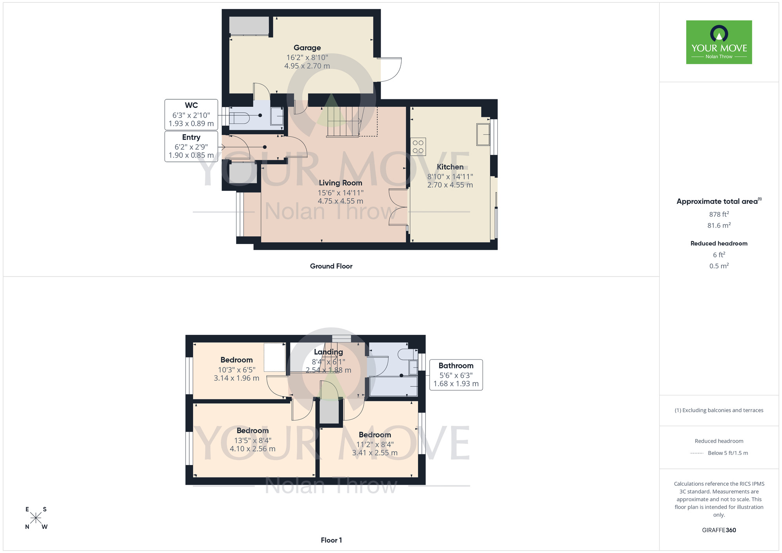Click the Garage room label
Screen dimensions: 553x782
pyautogui.click(x=307, y=48)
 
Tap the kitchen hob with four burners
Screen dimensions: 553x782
pyautogui.click(x=418, y=147)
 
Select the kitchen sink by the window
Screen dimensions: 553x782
pyautogui.click(x=483, y=135)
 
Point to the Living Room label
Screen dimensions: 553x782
pyautogui.click(x=340, y=183)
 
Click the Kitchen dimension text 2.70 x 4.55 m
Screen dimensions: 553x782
pyautogui.click(x=450, y=185)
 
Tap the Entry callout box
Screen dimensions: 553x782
pyautogui.click(x=191, y=146)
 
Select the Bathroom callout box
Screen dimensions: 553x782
pyautogui.click(x=456, y=375)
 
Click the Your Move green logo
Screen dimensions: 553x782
pyautogui.click(x=719, y=42)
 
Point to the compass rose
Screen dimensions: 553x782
pyautogui.click(x=36, y=518)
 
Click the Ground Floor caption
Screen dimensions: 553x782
pyautogui.click(x=331, y=266)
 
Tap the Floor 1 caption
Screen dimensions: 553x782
pyautogui.click(x=331, y=540)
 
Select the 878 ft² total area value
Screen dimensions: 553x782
pyautogui.click(x=719, y=214)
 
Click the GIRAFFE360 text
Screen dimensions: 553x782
pyautogui.click(x=719, y=530)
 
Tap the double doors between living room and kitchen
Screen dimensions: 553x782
pyautogui.click(x=398, y=207)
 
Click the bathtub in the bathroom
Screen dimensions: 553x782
pyautogui.click(x=393, y=386)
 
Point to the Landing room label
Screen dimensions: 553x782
pyautogui.click(x=328, y=352)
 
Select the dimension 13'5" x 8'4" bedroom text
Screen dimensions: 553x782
pyautogui.click(x=253, y=440)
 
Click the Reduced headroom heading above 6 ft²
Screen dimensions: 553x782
pyautogui.click(x=719, y=243)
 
